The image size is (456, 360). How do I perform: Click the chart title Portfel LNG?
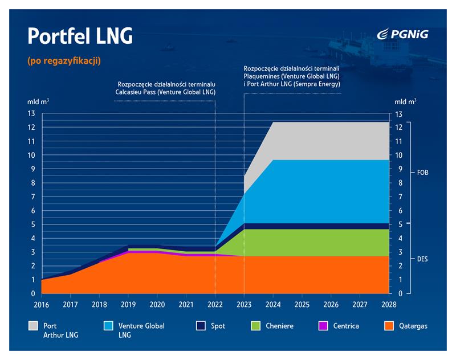tap(80, 36)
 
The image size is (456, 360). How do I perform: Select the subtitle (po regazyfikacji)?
tap(63, 60)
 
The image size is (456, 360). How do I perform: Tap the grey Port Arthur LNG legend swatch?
tap(34, 326)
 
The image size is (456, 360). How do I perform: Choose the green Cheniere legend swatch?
tap(255, 326)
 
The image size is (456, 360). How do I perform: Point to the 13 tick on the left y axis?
tap(32, 114)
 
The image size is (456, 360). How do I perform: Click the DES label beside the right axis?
tap(422, 259)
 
